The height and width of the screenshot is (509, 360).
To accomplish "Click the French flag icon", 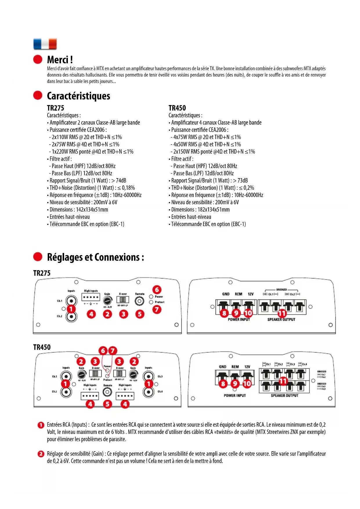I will [x=45, y=44].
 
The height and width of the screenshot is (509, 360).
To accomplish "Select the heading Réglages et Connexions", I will [x=95, y=257].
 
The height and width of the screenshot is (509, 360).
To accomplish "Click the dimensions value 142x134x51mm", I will [x=92, y=210].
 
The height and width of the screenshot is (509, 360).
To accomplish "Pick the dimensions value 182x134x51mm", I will [x=214, y=210].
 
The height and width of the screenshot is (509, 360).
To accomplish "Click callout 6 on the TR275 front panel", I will [x=157, y=289].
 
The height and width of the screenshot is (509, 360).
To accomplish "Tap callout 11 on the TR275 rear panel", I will [x=282, y=313].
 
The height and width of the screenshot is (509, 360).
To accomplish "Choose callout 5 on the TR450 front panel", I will [x=108, y=404].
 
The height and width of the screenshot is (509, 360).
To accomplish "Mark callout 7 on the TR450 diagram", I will [x=113, y=351].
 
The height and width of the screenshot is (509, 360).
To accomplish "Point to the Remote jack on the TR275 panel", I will [x=140, y=301].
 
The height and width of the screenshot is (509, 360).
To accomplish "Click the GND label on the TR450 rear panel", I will [x=222, y=367].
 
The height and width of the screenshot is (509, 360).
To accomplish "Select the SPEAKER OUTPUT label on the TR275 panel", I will [x=281, y=320].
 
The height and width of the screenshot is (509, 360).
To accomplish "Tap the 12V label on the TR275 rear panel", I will [x=251, y=294].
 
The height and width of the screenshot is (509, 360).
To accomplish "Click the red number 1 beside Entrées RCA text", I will [x=41, y=425].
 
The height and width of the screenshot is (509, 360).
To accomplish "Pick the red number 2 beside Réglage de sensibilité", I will [x=41, y=454].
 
